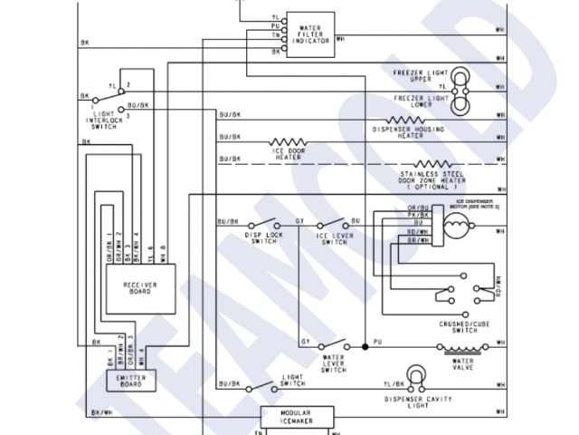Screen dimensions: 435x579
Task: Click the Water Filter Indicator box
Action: [x=309, y=34]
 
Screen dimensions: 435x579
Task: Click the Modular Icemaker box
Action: [x=297, y=416]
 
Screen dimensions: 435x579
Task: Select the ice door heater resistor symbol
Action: [x=289, y=142]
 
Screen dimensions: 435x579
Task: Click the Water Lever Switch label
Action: [x=333, y=365]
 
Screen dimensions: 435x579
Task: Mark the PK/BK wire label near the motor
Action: [x=417, y=215]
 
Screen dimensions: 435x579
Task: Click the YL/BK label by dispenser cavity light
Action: [x=393, y=385]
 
